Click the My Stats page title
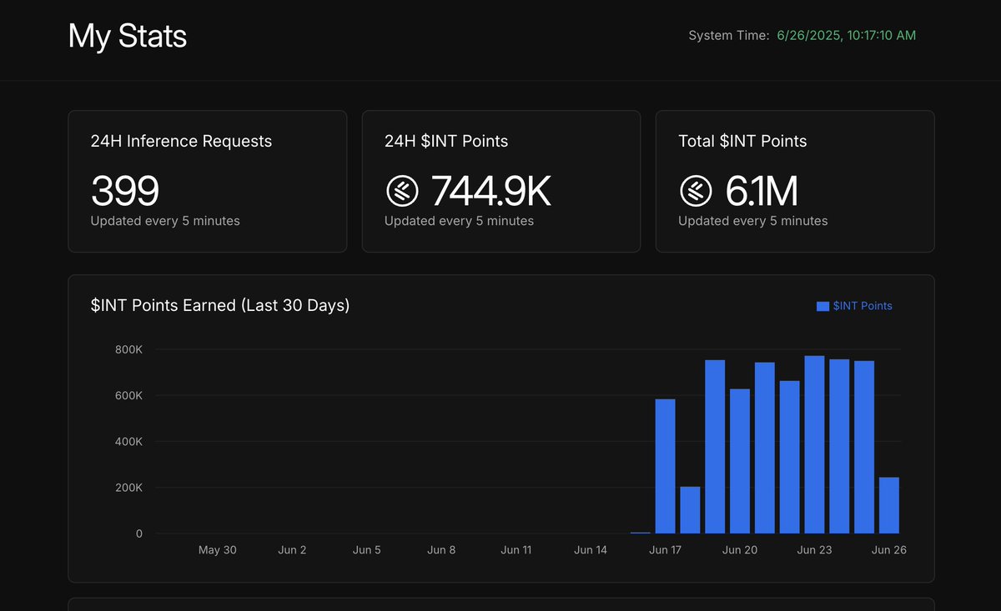(128, 36)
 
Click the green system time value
(847, 35)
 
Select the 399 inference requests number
(125, 191)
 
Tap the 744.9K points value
(490, 191)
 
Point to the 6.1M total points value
(762, 191)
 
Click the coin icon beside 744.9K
(402, 191)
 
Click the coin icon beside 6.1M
(696, 191)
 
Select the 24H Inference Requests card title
(181, 141)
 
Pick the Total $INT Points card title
(742, 141)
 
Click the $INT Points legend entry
(854, 306)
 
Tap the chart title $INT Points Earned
(220, 305)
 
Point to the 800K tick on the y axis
(128, 349)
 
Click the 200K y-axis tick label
(128, 488)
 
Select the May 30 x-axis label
(217, 550)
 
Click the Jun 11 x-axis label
(516, 550)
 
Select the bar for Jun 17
(666, 466)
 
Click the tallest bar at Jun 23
(815, 444)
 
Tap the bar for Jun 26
(889, 505)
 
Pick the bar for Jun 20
(740, 461)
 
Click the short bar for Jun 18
(690, 509)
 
